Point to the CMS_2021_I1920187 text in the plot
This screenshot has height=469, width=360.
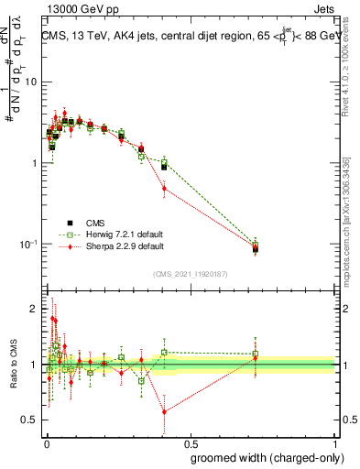[x=190, y=274]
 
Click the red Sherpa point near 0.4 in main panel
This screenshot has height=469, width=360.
[x=164, y=189]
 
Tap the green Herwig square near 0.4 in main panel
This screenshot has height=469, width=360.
[x=164, y=162]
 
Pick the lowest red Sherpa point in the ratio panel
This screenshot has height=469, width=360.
[x=164, y=412]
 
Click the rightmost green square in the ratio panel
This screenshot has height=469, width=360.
[x=256, y=354]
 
